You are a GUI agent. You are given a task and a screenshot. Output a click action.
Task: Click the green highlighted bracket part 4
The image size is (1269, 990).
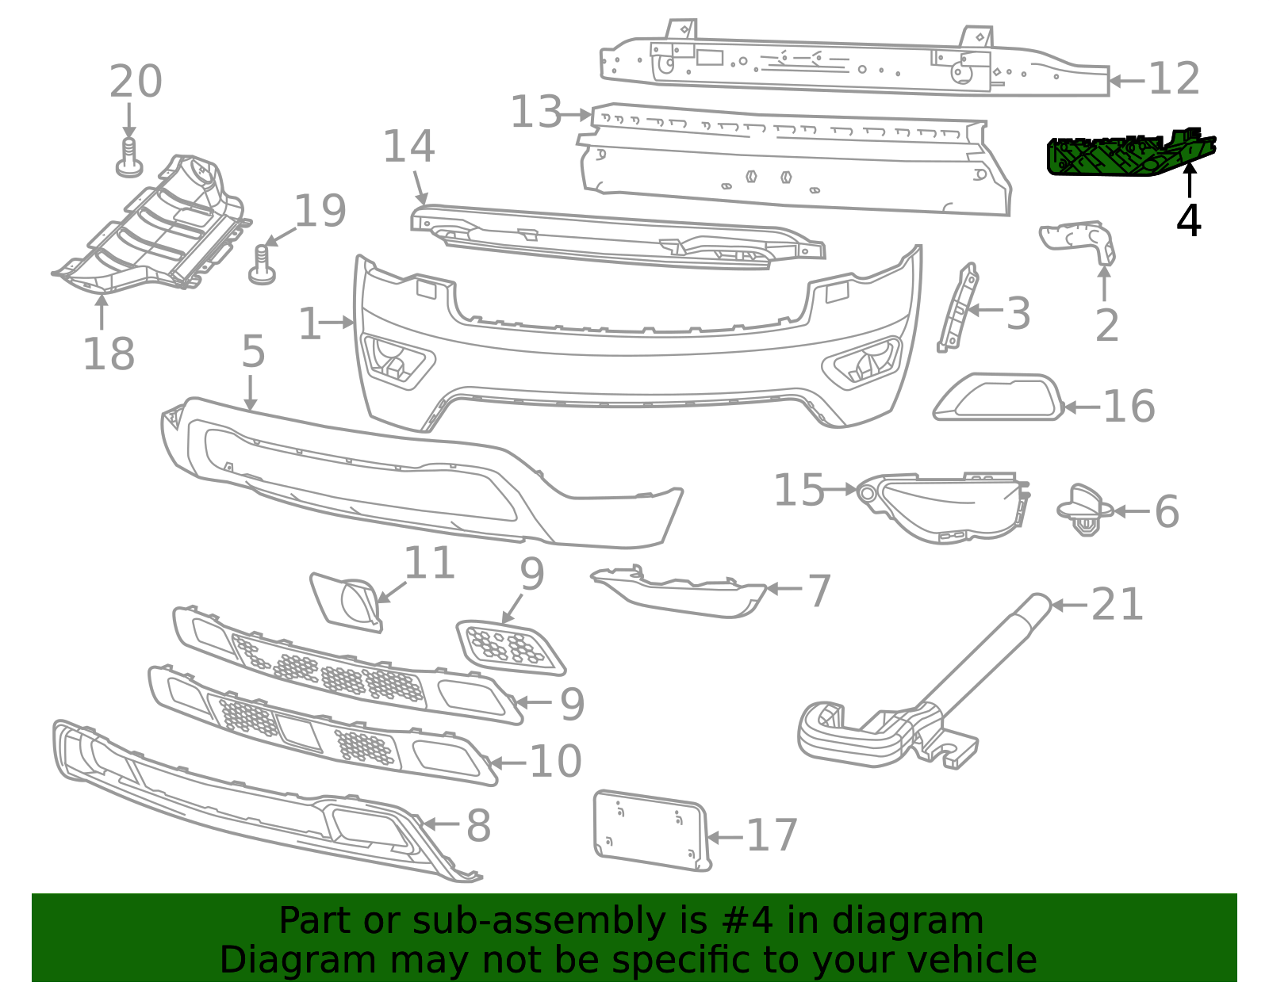(x=1130, y=154)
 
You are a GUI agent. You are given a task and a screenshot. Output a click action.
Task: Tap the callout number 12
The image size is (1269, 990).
(x=1174, y=78)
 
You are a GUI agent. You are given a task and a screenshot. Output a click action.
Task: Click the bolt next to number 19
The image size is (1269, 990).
(x=262, y=266)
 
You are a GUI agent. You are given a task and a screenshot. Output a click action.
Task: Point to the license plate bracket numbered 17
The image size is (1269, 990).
(x=652, y=831)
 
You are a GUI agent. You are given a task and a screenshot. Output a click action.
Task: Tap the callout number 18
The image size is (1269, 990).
(x=109, y=354)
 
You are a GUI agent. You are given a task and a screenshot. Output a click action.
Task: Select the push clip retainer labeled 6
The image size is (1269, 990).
(x=1085, y=510)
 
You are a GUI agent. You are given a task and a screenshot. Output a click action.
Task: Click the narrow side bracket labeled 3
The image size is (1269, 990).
(x=958, y=308)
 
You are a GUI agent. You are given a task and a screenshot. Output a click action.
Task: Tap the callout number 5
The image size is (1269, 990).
(x=254, y=352)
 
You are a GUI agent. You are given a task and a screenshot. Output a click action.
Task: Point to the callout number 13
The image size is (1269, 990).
(x=536, y=112)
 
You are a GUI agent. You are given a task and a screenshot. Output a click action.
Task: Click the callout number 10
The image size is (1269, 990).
(x=555, y=761)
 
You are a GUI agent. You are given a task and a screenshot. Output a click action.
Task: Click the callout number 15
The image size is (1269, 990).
(x=799, y=490)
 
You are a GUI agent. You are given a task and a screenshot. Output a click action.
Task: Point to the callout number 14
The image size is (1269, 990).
(x=408, y=146)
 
